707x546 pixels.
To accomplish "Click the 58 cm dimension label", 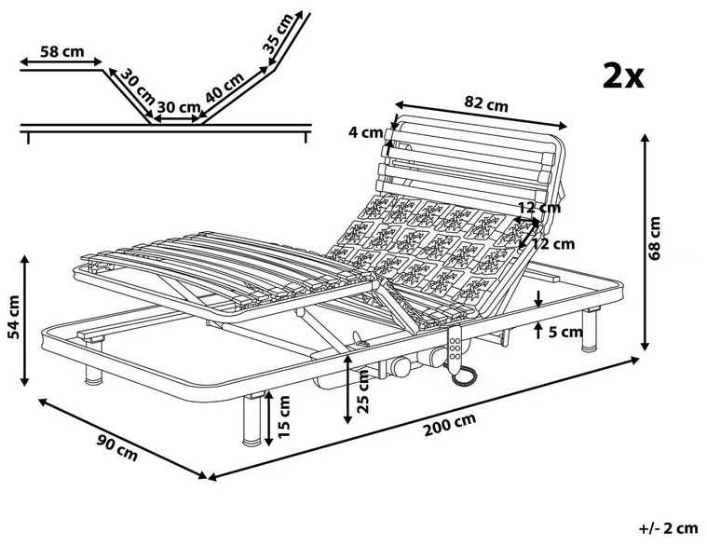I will coord(61,52).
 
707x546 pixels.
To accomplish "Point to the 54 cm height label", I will coord(13,318).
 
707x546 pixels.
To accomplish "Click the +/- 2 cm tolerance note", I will coord(669,528).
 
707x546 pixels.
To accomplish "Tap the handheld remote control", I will coord(456,349).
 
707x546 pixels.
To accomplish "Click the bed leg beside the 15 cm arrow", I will coord(251,418).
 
